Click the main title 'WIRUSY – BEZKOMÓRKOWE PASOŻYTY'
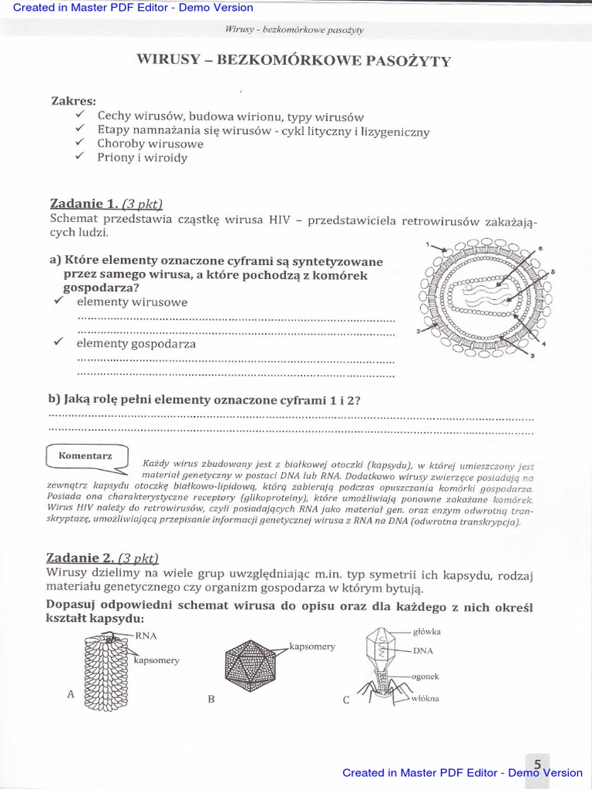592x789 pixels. point(294,62)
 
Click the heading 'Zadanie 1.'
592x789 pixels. point(83,204)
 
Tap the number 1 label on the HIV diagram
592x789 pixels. point(427,244)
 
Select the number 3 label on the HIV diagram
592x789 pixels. point(532,355)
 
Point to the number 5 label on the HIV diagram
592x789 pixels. point(553,272)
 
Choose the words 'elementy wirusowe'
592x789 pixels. point(131,302)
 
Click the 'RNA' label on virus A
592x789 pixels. point(146,636)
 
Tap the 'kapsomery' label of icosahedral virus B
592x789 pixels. point(312,646)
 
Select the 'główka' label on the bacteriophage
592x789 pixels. point(426,631)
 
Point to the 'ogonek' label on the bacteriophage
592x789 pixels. point(425,676)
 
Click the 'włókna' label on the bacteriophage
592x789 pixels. point(425,698)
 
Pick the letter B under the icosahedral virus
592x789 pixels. point(210,700)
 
